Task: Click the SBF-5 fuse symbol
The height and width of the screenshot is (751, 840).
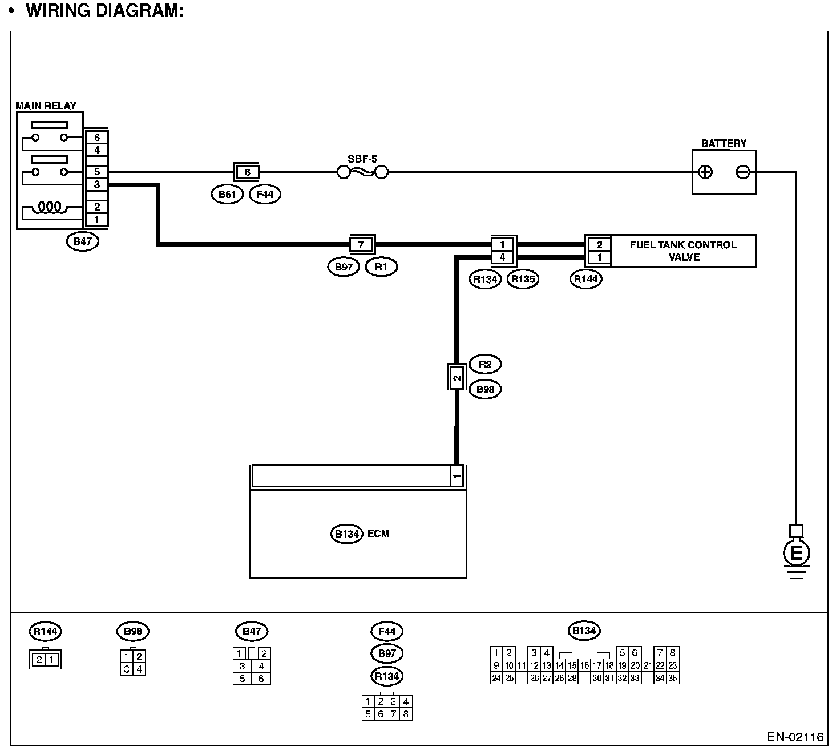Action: [x=362, y=171]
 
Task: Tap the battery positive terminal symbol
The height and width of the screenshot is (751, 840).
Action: [x=705, y=172]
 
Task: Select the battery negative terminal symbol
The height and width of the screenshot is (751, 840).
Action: [x=743, y=172]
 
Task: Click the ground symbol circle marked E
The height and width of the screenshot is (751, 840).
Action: [x=797, y=552]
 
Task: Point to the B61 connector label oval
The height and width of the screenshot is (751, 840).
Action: [x=227, y=195]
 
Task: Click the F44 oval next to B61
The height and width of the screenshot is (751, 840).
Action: [x=265, y=195]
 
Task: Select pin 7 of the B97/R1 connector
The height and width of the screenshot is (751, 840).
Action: [x=361, y=245]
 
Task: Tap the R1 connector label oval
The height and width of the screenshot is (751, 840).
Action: [x=381, y=267]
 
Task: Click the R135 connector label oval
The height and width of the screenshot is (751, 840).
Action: [x=523, y=279]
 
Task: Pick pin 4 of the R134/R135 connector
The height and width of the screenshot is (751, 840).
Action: [x=502, y=257]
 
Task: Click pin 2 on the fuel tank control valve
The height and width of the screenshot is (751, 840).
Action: [x=599, y=245]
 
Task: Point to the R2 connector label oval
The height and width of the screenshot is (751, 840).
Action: [x=484, y=364]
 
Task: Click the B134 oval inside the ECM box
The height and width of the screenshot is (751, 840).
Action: [x=346, y=534]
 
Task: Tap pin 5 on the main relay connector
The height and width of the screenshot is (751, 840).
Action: [x=97, y=171]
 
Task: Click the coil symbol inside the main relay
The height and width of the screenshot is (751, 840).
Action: [x=50, y=207]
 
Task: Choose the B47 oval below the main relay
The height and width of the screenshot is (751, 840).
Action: [x=83, y=241]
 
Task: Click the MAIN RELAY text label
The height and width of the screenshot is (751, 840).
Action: [x=46, y=106]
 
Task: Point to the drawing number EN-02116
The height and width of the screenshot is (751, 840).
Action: [x=795, y=736]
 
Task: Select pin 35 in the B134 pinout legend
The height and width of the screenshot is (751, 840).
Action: [x=673, y=679]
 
